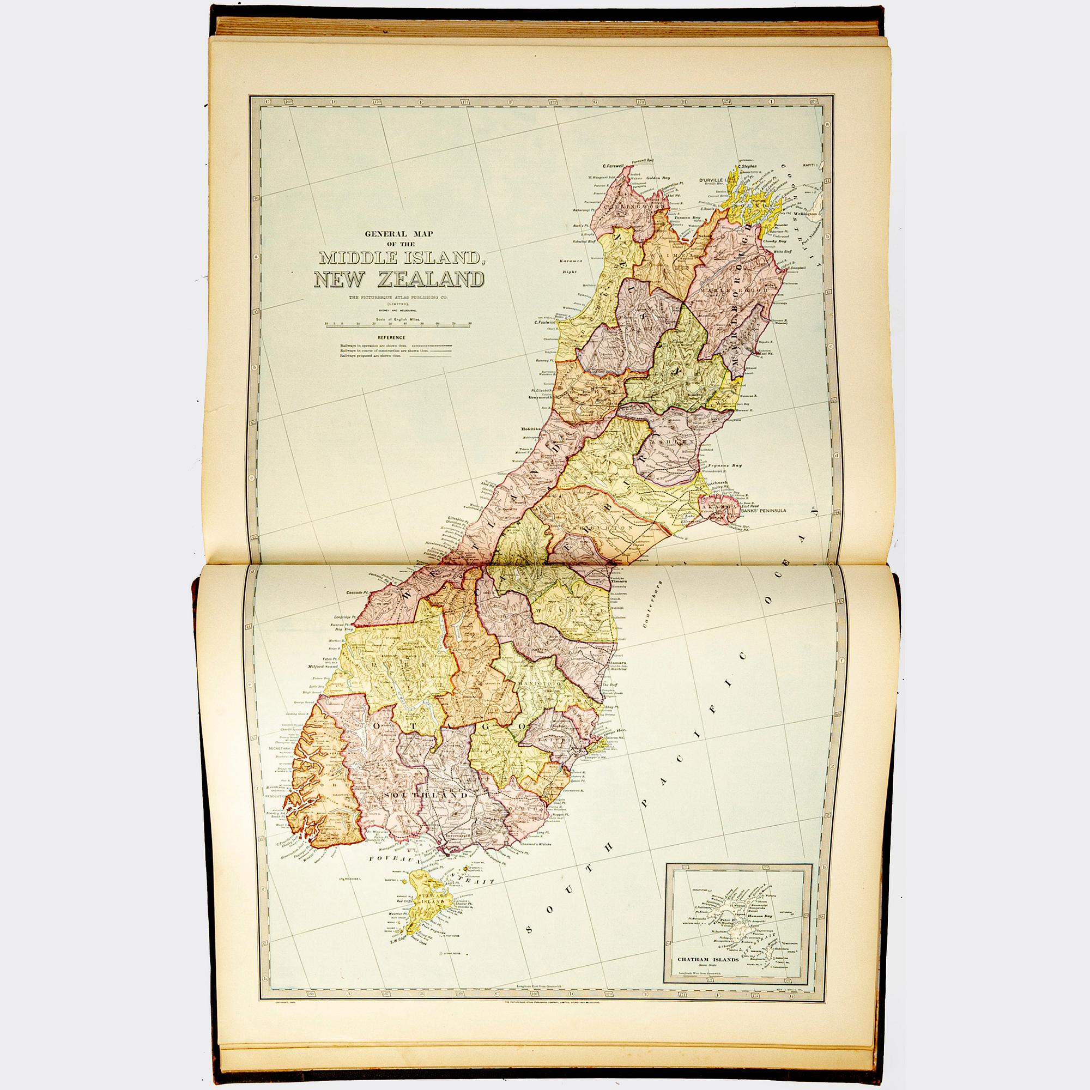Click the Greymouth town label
(x=540, y=397)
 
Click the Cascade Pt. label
(x=357, y=593)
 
